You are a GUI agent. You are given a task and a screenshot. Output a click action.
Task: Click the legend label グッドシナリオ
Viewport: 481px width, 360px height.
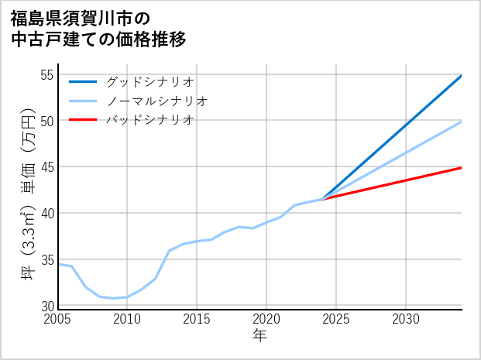tap(150, 81)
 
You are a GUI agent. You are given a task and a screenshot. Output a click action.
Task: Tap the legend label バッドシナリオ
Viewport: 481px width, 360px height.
tap(150, 120)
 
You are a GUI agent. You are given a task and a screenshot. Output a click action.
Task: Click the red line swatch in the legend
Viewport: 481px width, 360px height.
tap(83, 120)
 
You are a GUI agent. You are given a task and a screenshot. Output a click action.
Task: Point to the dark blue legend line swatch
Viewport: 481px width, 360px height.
tap(83, 81)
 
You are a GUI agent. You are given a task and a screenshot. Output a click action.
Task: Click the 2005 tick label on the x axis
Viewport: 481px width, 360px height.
tap(58, 319)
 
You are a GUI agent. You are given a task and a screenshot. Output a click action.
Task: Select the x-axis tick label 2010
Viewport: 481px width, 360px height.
tap(127, 319)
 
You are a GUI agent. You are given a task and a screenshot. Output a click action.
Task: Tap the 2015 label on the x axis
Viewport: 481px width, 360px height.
tap(197, 319)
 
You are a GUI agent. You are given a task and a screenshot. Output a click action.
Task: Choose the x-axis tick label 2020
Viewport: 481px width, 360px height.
tap(266, 319)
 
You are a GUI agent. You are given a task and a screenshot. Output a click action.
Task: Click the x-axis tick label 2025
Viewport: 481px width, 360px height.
tap(336, 319)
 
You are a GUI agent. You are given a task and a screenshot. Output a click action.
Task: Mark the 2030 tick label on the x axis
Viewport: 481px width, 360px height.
tap(406, 319)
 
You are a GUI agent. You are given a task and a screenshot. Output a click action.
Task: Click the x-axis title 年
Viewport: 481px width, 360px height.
tap(259, 336)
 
